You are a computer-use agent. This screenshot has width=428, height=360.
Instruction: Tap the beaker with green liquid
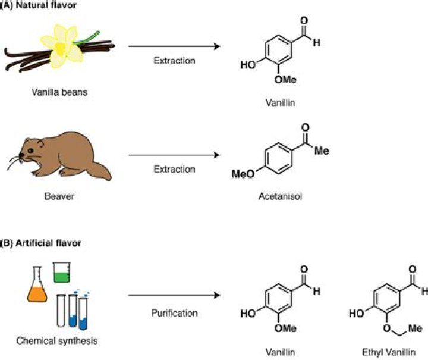pyautogui.click(x=62, y=273)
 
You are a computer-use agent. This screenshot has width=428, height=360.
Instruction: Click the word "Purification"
pyautogui.click(x=174, y=312)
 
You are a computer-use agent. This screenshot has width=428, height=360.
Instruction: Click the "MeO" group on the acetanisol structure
pyautogui.click(x=241, y=173)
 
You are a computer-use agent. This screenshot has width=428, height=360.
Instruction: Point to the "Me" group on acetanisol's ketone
pyautogui.click(x=322, y=151)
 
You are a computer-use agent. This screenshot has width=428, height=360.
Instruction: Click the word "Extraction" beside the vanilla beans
pyautogui.click(x=174, y=61)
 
